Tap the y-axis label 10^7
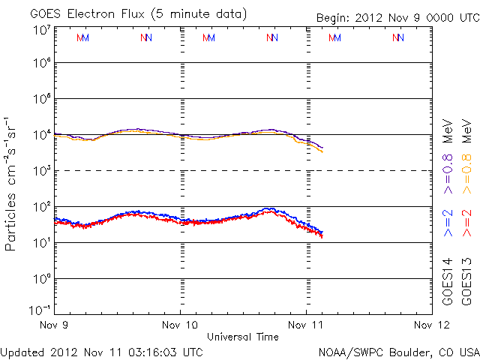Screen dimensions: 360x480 click(41, 30)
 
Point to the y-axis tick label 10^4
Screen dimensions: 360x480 click(41, 135)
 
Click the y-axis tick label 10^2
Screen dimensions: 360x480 click(41, 206)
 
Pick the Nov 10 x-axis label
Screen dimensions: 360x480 click(181, 325)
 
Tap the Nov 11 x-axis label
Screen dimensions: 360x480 click(307, 325)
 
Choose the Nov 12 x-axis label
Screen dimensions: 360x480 click(433, 325)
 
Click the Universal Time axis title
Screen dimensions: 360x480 click(243, 337)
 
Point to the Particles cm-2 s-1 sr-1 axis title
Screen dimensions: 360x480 click(13, 183)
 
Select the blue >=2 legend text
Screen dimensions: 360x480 click(448, 223)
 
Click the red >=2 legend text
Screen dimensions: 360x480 click(466, 223)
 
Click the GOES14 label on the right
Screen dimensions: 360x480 click(448, 281)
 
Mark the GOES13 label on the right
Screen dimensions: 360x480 click(466, 281)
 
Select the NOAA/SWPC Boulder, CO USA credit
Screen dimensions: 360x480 click(398, 351)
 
